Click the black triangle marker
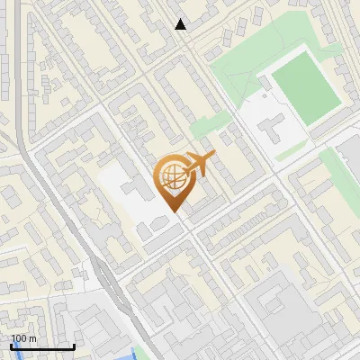click(181, 24)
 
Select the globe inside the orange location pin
click(171, 178)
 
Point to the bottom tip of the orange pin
click(174, 212)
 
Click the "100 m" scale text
click(23, 338)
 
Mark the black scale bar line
click(41, 347)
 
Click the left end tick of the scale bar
click(10, 346)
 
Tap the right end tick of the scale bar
click(74, 346)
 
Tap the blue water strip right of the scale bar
click(137, 353)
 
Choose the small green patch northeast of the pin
click(206, 129)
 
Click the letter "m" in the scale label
click(32, 338)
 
